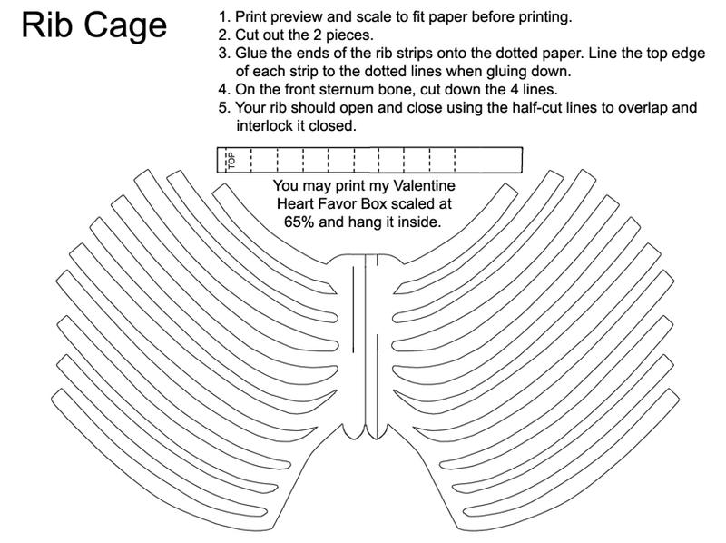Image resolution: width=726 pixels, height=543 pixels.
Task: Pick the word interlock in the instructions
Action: tap(264, 125)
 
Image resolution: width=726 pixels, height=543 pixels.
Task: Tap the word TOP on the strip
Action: tap(231, 162)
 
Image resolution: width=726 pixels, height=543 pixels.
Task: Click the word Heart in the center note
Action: tap(297, 202)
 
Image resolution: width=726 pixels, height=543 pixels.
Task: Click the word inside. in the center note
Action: tap(420, 221)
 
